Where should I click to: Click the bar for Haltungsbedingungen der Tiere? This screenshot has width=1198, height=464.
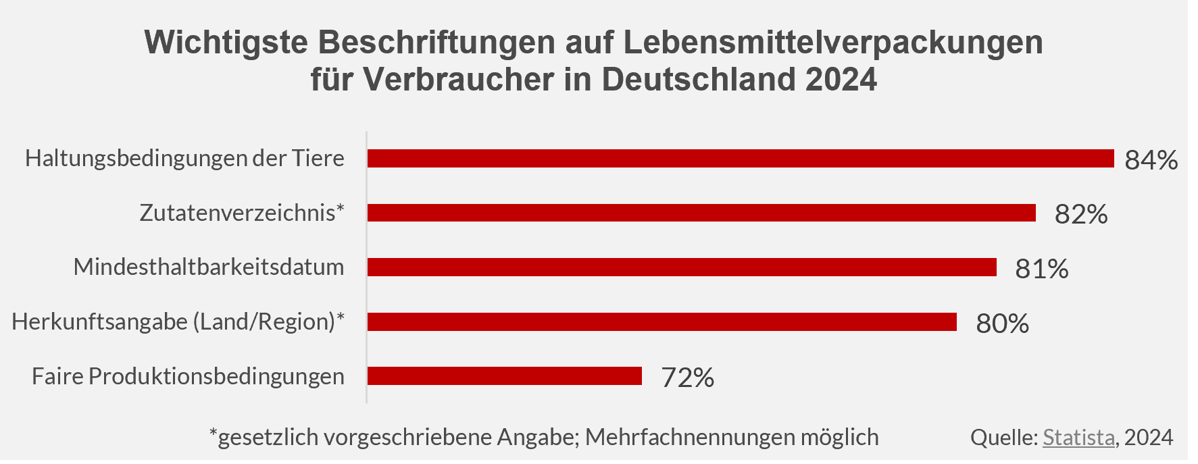740,158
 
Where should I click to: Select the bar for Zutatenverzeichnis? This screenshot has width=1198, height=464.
701,213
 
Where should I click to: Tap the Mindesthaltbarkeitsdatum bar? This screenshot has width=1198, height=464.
681,267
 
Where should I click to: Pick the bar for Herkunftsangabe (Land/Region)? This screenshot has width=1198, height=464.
662,322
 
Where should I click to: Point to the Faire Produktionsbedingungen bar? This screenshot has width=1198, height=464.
504,376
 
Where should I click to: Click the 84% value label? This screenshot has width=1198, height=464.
1151,160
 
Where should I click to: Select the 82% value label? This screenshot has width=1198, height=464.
1080,214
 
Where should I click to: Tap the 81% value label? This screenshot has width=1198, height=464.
1041,269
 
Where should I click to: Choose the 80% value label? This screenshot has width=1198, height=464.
1002,324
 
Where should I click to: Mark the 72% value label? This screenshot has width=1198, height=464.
687,378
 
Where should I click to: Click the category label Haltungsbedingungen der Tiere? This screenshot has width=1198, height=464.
184,158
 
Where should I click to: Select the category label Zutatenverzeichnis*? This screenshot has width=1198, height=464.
242,213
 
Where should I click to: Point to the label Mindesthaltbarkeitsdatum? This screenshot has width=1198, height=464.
209,267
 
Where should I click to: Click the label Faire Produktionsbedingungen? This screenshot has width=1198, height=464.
188,376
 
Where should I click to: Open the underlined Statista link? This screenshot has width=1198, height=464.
1078,438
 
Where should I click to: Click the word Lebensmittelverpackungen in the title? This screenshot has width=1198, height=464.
832,42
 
